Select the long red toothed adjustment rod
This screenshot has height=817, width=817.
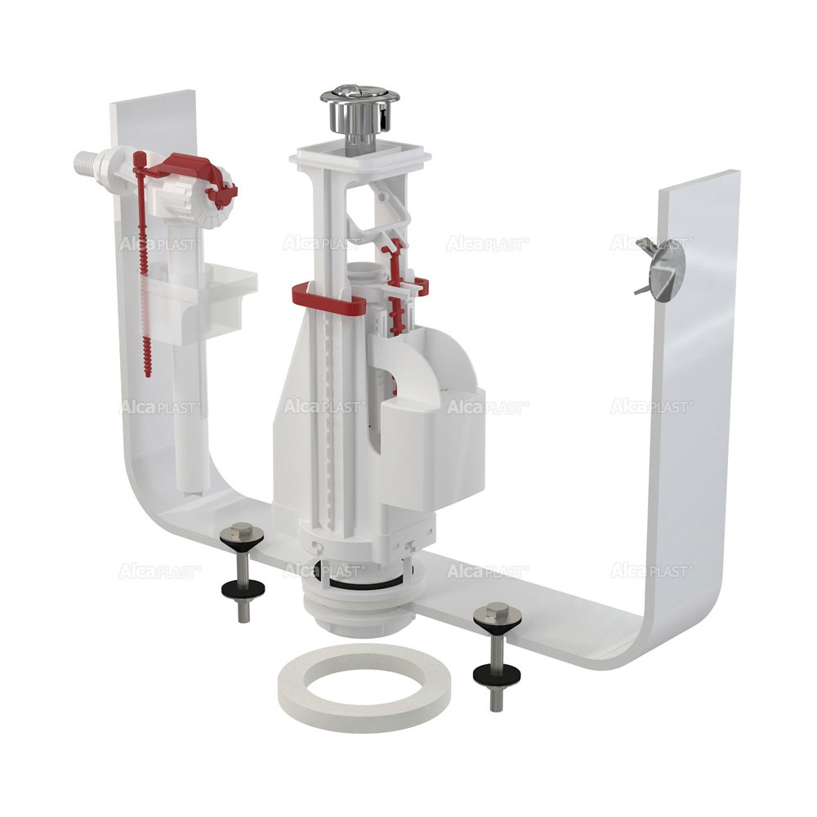[x=142, y=266]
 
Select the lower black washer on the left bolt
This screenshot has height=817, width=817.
[x=243, y=589]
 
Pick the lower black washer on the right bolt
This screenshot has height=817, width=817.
[x=495, y=674]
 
